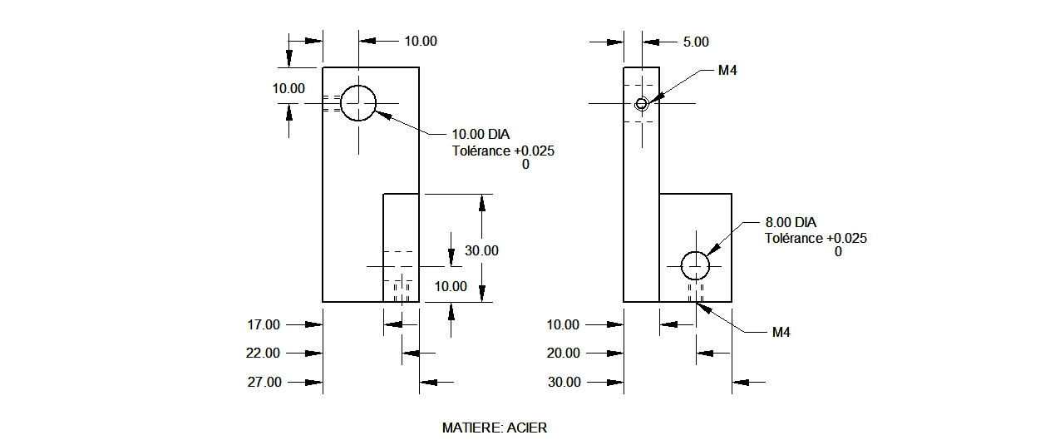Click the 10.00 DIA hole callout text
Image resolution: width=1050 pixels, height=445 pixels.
481,135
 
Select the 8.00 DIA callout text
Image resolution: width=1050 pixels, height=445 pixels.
791,222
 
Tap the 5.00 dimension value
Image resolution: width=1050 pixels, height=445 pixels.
696,42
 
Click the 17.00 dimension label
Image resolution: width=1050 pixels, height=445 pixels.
264,324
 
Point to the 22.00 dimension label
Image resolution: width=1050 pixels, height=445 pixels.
263,354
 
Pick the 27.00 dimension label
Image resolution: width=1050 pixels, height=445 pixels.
264,382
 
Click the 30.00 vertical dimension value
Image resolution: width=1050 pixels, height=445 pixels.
481,251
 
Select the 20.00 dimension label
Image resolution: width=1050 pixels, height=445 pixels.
564,354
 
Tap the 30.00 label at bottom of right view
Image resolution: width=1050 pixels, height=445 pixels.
564,382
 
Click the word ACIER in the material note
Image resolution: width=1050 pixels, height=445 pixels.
527,428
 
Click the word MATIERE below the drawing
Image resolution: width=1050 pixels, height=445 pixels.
472,428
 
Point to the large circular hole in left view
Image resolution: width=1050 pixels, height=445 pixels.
358,86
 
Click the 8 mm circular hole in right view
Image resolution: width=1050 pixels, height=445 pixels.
695,252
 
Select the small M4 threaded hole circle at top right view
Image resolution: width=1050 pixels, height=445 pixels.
641,98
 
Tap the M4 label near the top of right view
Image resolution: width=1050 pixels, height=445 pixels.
727,71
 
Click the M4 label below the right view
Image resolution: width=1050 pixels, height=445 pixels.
781,333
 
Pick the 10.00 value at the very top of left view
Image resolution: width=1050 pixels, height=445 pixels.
421,42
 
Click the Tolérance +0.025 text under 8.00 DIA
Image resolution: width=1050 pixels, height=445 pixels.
816,238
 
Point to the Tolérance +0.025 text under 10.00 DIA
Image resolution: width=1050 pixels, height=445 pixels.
503,151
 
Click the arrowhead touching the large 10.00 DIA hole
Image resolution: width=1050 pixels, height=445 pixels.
383,115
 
